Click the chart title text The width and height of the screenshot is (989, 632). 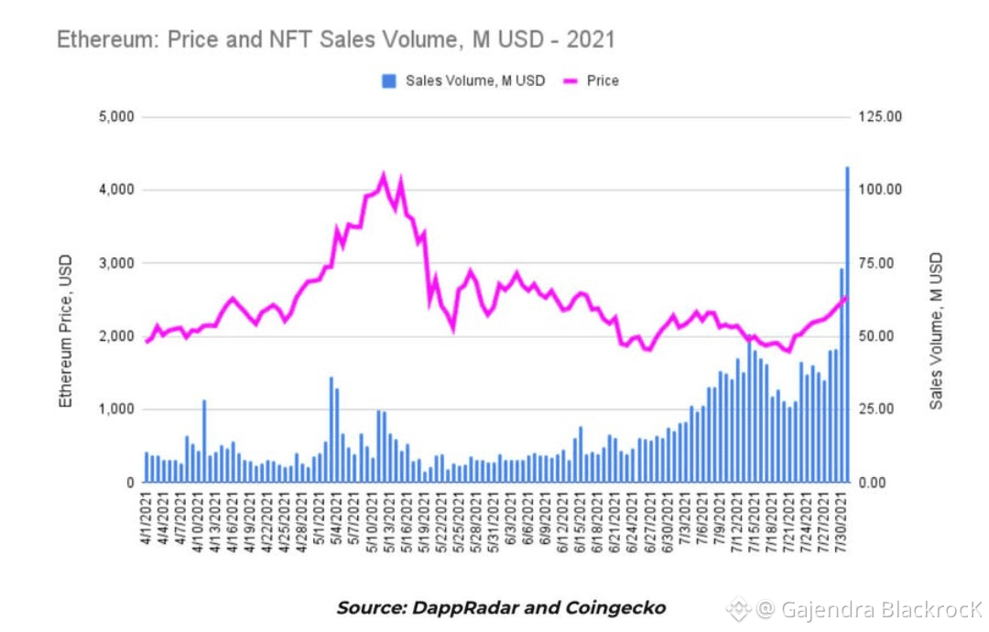(335, 39)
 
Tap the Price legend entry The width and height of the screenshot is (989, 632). (602, 81)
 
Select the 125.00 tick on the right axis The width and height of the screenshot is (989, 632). (882, 117)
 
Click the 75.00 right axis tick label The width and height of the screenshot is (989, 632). (882, 263)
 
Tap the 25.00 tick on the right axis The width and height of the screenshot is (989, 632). (882, 409)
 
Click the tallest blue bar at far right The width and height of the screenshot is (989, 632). (847, 321)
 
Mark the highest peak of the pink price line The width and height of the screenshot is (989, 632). (383, 174)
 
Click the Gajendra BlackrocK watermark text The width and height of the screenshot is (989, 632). (879, 609)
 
